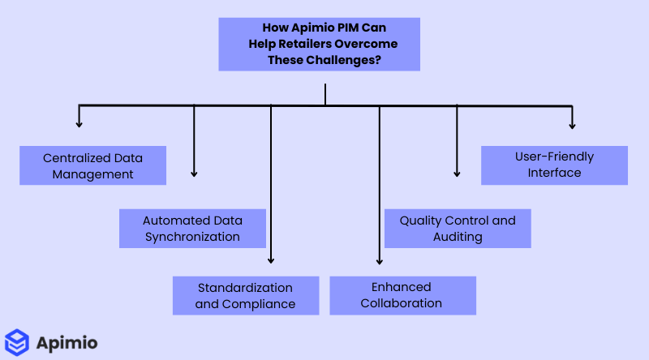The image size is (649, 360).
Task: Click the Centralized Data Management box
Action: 92,165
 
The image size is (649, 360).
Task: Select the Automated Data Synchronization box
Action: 192,229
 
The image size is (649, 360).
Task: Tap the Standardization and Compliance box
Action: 245,296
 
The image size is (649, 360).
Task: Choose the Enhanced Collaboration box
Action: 402,295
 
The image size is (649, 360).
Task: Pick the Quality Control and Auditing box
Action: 458,229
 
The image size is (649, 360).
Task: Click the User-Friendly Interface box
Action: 554,165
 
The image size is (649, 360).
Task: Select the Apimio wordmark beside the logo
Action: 67,343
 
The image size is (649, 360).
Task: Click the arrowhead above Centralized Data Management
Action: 80,123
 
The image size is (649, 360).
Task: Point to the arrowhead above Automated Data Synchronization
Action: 194,173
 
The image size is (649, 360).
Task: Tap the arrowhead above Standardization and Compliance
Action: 271,259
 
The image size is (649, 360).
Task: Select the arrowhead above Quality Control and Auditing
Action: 457,173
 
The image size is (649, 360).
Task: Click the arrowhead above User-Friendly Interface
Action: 572,125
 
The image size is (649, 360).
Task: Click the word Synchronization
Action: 192,237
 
